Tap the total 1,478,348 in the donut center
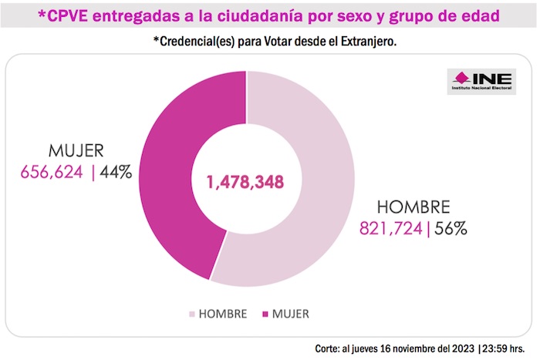point(245,182)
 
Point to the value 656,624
point(52,172)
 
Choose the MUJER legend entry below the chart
point(290,314)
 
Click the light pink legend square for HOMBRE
point(192,315)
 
